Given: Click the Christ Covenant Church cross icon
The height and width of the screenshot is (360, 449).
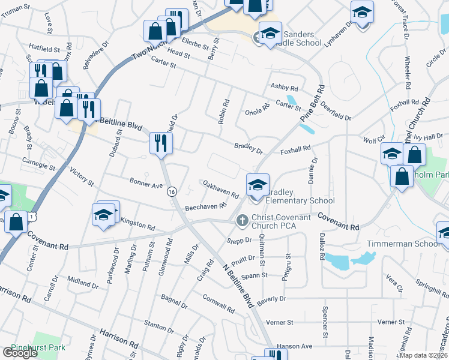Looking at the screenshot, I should coord(243,221).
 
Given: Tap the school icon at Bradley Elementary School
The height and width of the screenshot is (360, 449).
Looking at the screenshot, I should coord(258,185).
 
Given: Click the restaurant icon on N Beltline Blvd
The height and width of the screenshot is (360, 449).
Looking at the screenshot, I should coord(161,143).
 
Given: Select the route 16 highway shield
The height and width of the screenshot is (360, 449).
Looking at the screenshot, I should coord(172,191).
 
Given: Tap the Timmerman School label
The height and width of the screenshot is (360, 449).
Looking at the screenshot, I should coord(397,244).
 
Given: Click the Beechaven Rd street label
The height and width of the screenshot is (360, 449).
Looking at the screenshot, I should coord(205,206).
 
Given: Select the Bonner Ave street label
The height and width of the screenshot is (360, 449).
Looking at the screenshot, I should coord(146,182).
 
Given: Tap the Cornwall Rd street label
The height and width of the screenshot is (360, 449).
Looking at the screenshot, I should coord(218,302).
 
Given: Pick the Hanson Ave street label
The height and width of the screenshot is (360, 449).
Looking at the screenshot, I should coord(298,346).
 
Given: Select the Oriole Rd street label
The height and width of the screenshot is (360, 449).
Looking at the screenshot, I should coord(258,113).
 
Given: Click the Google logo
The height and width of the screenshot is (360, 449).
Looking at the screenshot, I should coord(19,353).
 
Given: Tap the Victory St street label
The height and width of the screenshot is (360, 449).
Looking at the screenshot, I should coord(82,176).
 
